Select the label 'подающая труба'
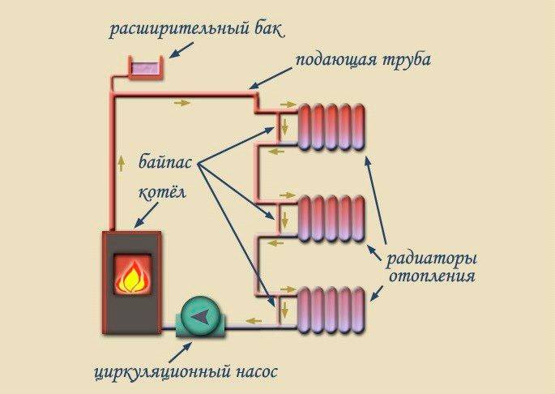[363, 61]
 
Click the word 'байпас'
[169, 161]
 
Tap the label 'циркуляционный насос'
[185, 374]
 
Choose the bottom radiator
[332, 309]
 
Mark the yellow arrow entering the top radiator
[284, 105]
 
